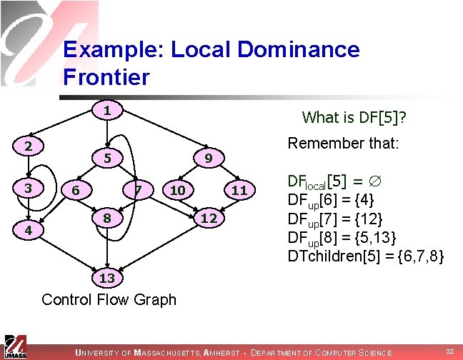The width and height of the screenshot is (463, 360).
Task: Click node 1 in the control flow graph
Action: (106, 111)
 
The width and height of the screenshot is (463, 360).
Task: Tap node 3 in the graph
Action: (26, 188)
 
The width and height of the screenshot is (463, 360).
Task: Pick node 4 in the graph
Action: (26, 231)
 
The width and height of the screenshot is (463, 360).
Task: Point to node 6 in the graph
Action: (75, 190)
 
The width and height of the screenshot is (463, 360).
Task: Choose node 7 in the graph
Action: (140, 190)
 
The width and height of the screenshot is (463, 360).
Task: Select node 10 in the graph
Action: (177, 190)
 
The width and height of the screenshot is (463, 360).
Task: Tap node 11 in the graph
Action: (239, 190)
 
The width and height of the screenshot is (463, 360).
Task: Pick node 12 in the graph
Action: (208, 217)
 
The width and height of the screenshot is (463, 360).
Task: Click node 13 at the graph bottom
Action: (106, 277)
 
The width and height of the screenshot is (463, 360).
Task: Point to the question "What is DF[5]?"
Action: (359, 117)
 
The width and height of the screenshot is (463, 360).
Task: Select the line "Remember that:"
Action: (342, 143)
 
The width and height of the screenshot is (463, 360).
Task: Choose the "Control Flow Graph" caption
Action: (109, 299)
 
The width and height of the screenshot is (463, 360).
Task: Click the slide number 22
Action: (449, 351)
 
